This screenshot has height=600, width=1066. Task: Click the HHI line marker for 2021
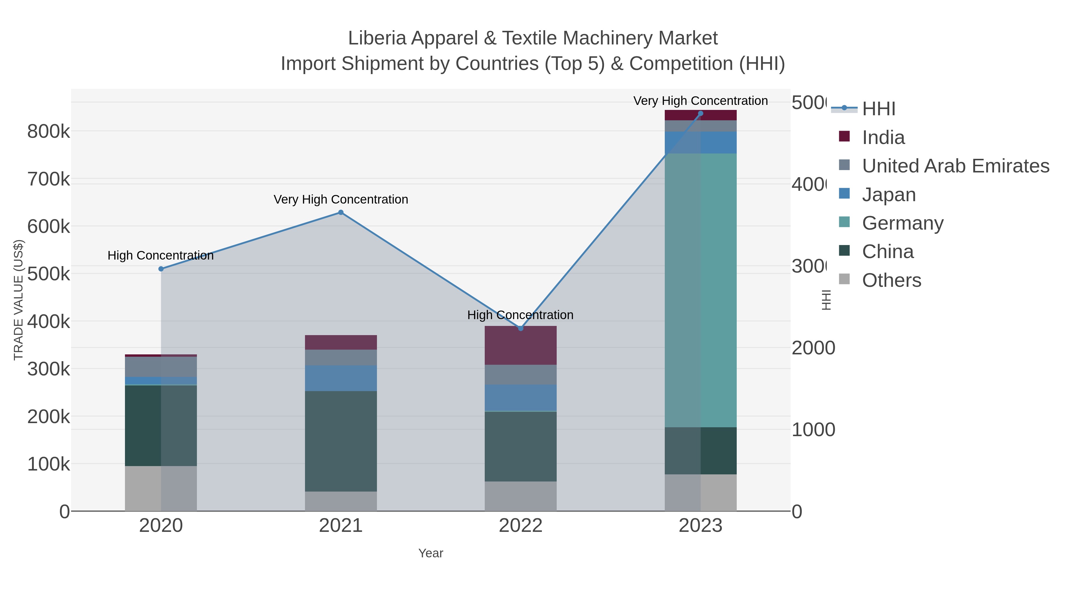pos(341,212)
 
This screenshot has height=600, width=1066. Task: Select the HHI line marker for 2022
pos(521,328)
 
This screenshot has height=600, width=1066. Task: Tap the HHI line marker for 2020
pos(161,269)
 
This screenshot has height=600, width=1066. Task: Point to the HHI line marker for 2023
pos(700,113)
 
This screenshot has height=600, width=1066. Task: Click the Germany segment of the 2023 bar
pos(700,290)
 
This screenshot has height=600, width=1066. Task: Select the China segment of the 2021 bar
pos(341,441)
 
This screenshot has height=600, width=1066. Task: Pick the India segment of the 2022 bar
pos(520,345)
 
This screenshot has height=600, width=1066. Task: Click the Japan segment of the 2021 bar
pos(341,378)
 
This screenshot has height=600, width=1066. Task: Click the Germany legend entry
pos(903,223)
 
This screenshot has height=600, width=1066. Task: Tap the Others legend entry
pos(891,280)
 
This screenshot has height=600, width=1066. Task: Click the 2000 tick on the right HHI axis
pos(813,348)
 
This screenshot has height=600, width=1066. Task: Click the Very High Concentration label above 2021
pos(341,200)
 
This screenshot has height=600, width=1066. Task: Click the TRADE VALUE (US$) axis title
pos(19,300)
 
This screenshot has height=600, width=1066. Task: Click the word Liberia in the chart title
pos(377,39)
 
